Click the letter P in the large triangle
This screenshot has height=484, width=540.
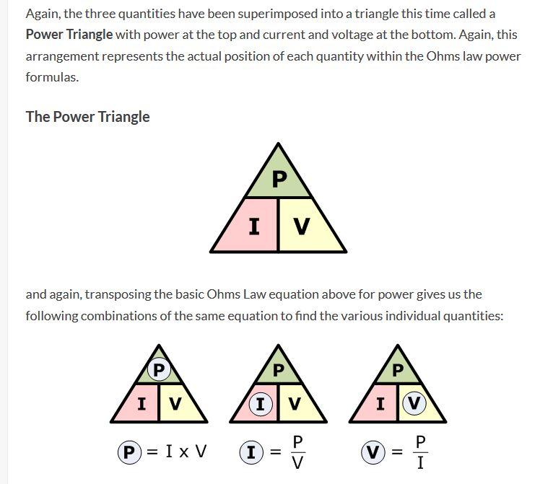pos(279,179)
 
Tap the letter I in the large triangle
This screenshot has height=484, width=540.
pos(254,226)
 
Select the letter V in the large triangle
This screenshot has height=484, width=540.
pos(302,226)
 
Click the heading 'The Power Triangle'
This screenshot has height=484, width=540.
pos(88,117)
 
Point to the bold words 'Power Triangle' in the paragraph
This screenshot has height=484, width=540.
pos(69,35)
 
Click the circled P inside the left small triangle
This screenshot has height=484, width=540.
pos(159,370)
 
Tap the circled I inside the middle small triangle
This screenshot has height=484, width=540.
pos(261,403)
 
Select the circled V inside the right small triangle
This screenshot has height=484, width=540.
pos(414,403)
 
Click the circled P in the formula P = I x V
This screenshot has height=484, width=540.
pos(129,452)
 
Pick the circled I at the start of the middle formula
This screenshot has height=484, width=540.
pos(251,452)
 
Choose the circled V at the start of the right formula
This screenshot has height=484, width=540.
pos(373,452)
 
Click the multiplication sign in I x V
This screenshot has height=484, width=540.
pos(184,453)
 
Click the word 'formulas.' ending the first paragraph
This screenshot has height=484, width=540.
pos(53,77)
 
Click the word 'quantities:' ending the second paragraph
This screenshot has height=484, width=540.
pos(473,316)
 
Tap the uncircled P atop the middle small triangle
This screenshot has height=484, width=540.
pos(278,371)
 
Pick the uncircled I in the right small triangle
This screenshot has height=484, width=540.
pos(380,404)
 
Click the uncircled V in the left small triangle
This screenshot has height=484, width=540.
pos(175,404)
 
